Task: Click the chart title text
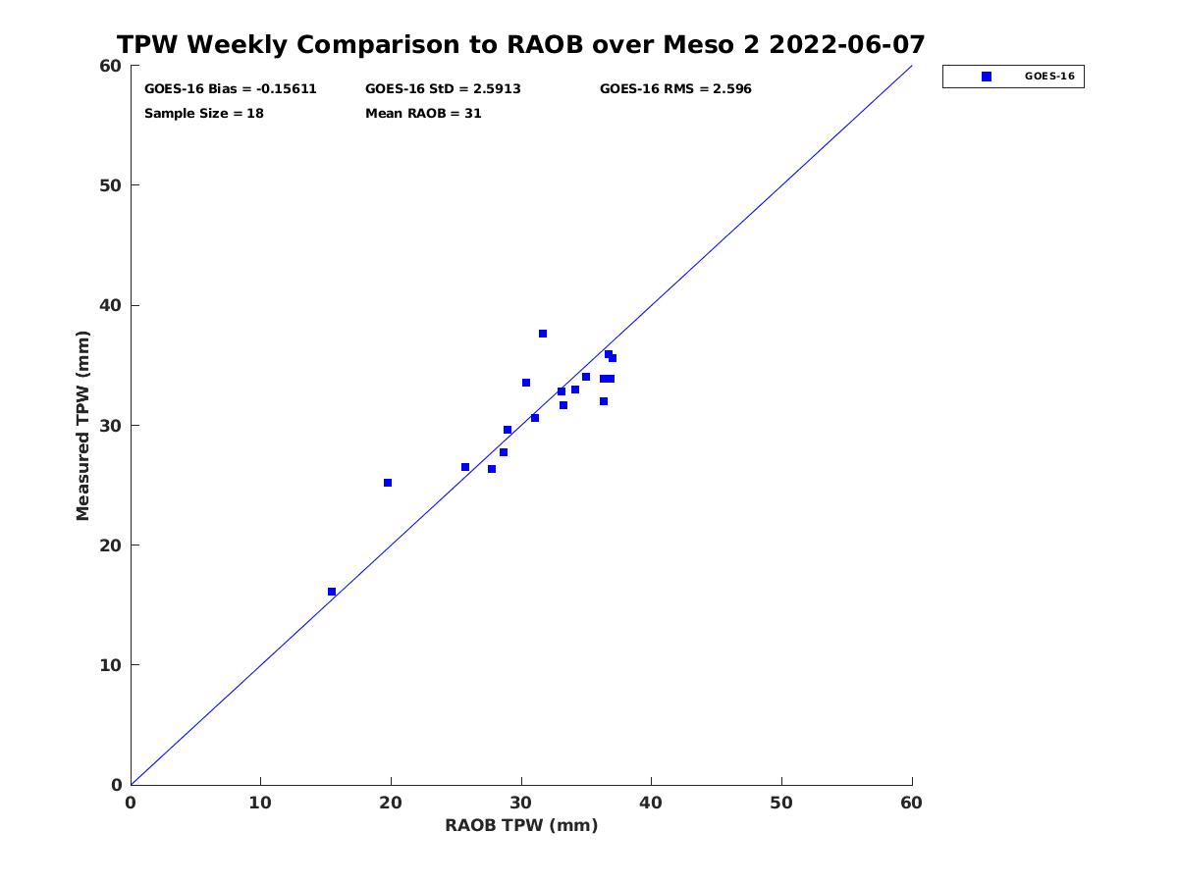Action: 520,44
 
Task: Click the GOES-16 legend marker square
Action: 987,77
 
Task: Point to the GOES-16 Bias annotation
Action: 231,89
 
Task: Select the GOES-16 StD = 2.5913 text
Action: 443,89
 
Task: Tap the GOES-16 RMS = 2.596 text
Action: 675,89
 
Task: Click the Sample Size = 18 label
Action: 204,114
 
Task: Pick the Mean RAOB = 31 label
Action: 423,114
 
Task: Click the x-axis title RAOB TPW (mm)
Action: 521,824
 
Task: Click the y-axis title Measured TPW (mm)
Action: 82,425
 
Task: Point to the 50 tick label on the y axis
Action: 111,185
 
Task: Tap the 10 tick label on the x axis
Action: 260,803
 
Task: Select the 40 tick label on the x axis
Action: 651,803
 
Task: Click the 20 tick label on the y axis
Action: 111,545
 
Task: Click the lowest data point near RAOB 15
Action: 332,592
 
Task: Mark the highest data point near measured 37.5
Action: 543,334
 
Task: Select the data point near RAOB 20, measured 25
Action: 388,483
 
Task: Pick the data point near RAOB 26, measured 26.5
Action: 465,467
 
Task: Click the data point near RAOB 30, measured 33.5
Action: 526,383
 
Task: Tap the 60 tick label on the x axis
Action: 911,803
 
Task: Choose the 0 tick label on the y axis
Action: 117,785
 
